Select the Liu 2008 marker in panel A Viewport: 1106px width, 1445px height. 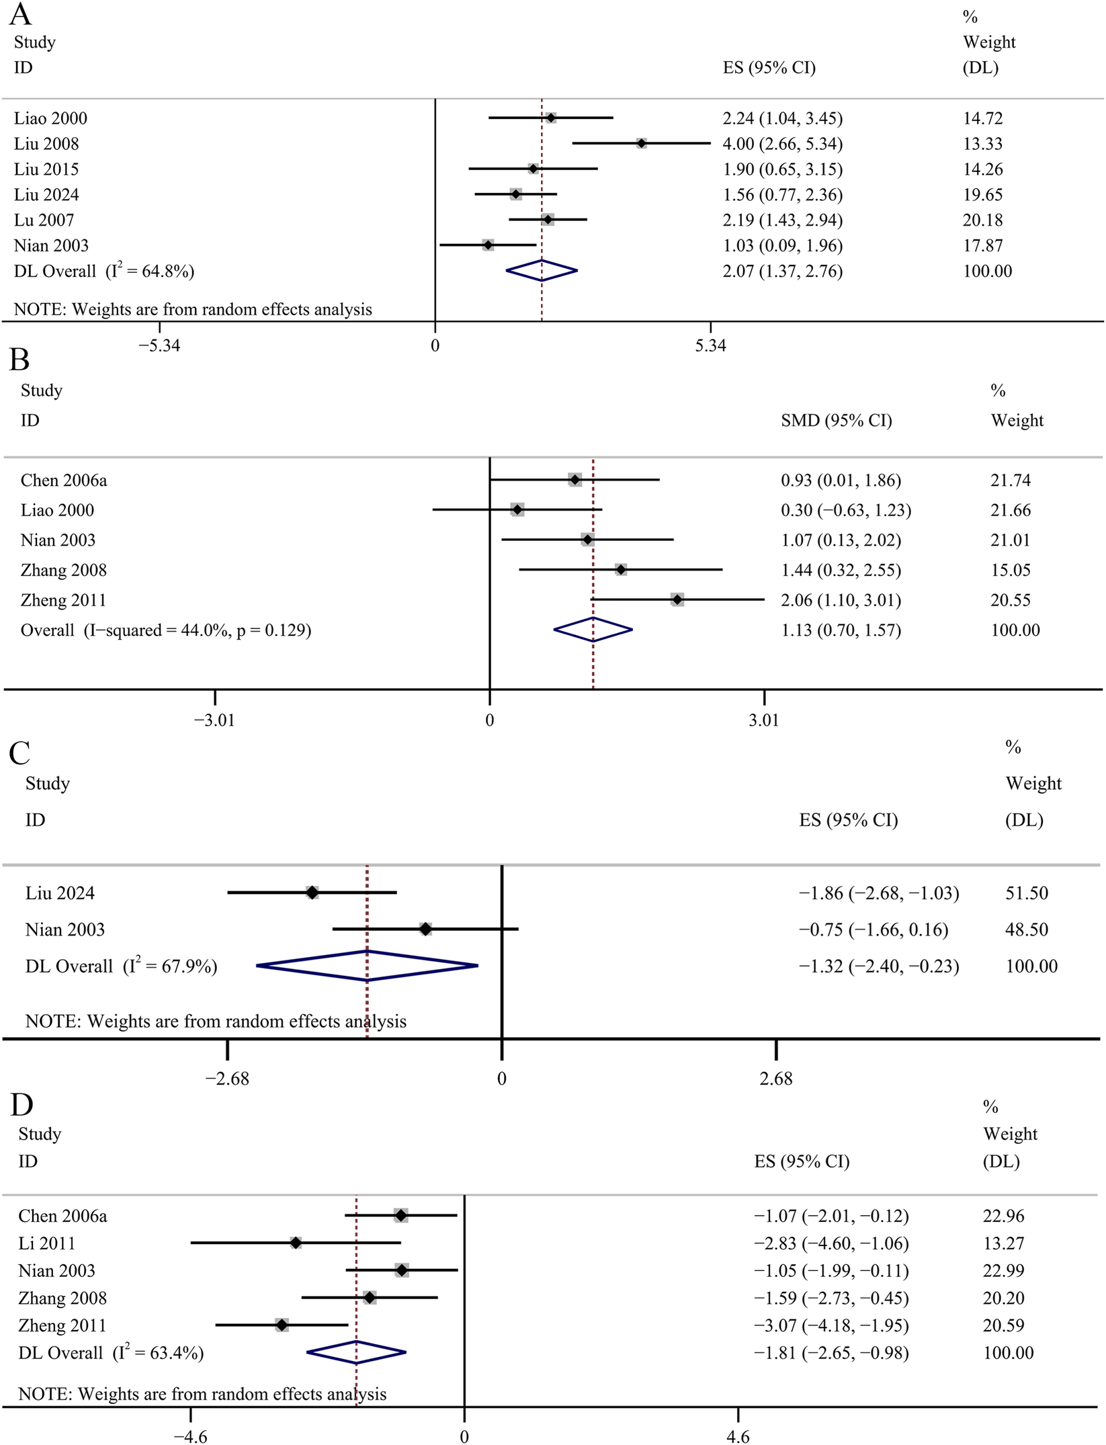[x=641, y=143]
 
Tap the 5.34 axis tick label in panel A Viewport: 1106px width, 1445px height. [x=710, y=345]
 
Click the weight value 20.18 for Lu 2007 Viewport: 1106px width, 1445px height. [x=982, y=220]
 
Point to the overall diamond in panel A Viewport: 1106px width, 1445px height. [x=542, y=271]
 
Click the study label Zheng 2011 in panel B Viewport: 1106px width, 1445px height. [x=63, y=600]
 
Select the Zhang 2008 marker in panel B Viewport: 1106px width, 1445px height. [x=620, y=570]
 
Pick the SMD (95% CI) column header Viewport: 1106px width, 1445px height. [x=836, y=420]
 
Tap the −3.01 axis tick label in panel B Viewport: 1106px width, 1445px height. [x=214, y=720]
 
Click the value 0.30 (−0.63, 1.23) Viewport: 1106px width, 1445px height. [x=845, y=510]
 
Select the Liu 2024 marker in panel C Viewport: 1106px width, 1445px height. [x=312, y=893]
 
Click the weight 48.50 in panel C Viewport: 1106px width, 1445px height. [x=1026, y=930]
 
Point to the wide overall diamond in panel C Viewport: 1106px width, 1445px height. [x=367, y=966]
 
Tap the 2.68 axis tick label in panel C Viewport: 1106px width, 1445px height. [x=775, y=1079]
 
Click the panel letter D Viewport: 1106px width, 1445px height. [x=22, y=1105]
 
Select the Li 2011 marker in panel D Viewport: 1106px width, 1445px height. [x=296, y=1243]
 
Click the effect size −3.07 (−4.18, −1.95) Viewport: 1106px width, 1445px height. [x=831, y=1325]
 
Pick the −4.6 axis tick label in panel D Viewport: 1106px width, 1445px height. [x=190, y=1437]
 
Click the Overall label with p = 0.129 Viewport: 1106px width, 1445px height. [x=165, y=630]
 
